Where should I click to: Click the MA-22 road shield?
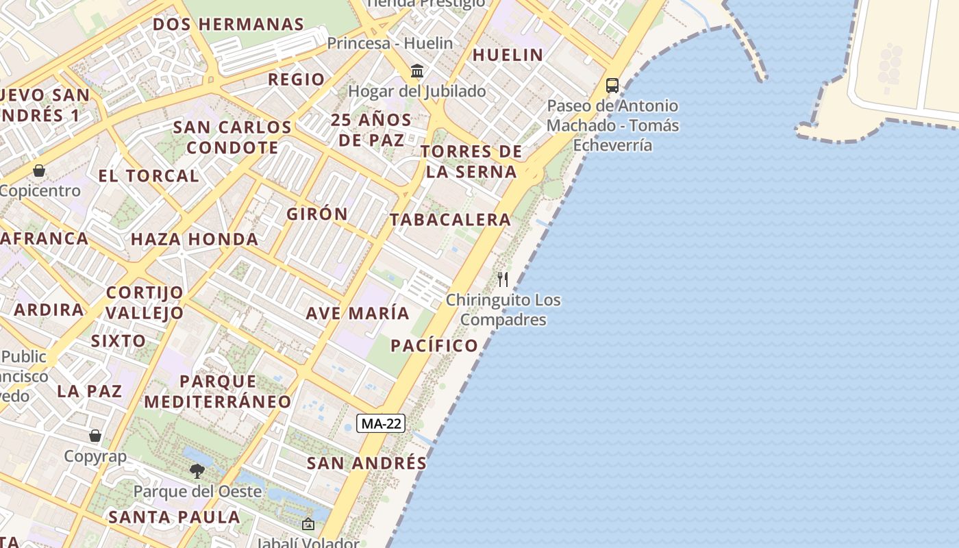(x=381, y=423)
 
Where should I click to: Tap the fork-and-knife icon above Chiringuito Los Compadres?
(x=503, y=279)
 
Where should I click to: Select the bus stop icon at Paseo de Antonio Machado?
(x=612, y=86)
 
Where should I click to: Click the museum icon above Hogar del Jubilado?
(x=416, y=71)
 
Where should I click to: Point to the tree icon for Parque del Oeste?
(x=197, y=471)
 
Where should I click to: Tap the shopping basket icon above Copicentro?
(x=39, y=170)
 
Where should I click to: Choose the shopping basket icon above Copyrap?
(x=95, y=436)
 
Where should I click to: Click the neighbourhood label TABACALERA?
(x=450, y=220)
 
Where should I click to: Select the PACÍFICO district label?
(x=434, y=345)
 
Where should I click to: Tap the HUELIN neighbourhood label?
(x=508, y=55)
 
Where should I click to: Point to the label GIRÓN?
(x=317, y=214)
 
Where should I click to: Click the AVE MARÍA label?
(x=358, y=313)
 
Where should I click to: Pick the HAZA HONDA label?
(x=195, y=239)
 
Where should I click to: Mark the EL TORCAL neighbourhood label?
(x=149, y=175)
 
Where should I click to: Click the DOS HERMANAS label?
(x=228, y=24)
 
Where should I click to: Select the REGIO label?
(x=296, y=79)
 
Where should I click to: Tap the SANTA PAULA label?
(x=174, y=516)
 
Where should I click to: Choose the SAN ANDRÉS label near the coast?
(x=366, y=463)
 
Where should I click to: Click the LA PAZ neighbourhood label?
(x=89, y=391)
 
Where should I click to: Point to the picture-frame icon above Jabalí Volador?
(x=308, y=525)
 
